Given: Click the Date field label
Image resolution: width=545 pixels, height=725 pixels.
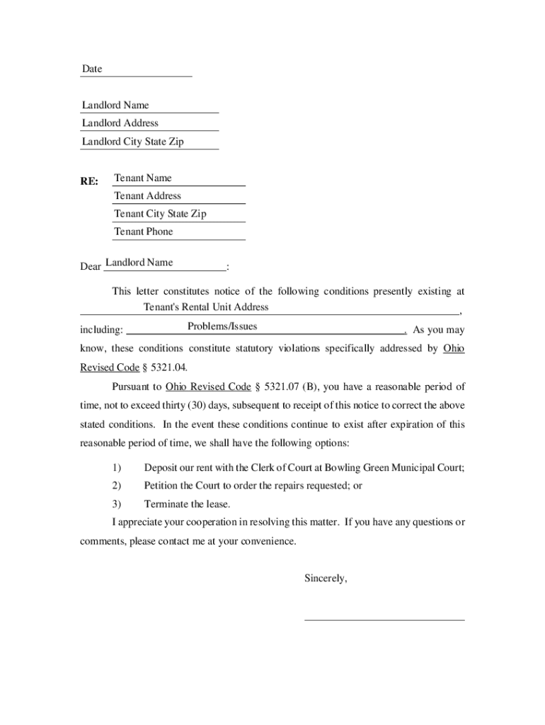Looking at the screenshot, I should tap(92, 69).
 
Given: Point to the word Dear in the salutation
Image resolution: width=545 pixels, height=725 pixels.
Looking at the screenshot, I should tap(91, 267).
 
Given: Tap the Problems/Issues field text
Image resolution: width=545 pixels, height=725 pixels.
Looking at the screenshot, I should tap(222, 326).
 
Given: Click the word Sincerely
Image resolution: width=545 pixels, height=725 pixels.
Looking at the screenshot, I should tap(326, 578).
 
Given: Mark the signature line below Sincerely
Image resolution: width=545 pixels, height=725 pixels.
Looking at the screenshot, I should tap(384, 620).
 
